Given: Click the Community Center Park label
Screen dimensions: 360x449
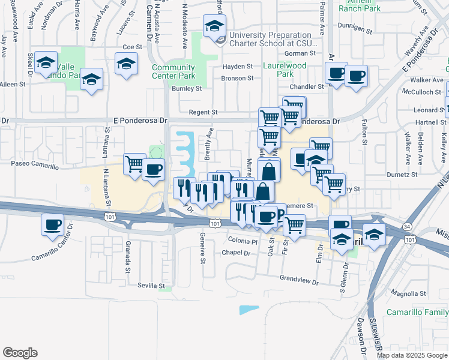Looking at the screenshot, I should (x=173, y=71).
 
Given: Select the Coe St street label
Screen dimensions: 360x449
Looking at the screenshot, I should (x=131, y=47).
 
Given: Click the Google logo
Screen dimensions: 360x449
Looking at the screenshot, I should (x=20, y=353).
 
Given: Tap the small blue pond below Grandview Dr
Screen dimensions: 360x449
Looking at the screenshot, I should (x=249, y=310).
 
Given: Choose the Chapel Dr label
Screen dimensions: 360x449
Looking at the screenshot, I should (x=235, y=253).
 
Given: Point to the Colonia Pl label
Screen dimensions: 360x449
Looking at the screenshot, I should (x=243, y=241).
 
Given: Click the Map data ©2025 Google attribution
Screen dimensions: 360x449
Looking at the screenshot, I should (x=411, y=355).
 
